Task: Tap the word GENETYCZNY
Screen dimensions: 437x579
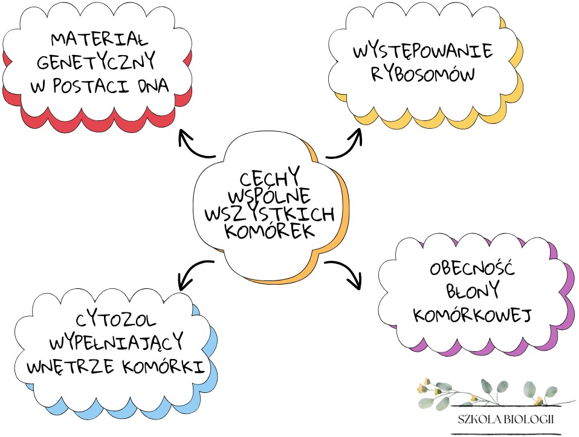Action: tap(97, 62)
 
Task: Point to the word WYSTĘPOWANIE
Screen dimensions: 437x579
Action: tap(422, 51)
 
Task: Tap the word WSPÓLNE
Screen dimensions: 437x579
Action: tap(269, 196)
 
